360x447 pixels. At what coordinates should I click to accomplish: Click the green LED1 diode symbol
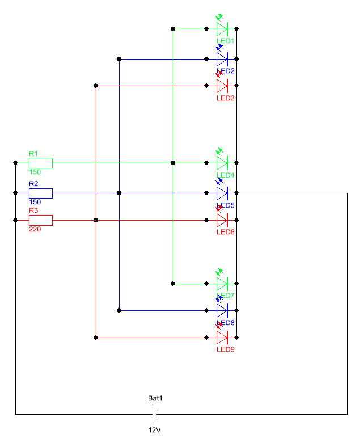(x=222, y=28)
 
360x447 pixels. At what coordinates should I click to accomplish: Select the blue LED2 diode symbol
(x=222, y=58)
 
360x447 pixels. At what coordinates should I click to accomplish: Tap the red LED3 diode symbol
(x=222, y=86)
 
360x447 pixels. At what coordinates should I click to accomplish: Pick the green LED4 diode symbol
(x=222, y=163)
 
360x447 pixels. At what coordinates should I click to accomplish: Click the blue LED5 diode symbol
(x=222, y=193)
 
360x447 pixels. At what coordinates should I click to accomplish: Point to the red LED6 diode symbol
(x=222, y=220)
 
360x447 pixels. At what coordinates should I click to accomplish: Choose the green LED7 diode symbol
(x=222, y=284)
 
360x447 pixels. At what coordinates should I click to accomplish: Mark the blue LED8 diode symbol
(x=222, y=310)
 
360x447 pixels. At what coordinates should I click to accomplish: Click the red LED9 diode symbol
(x=222, y=338)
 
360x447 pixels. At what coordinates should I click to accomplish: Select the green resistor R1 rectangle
(x=41, y=163)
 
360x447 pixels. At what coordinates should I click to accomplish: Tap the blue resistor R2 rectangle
(x=41, y=193)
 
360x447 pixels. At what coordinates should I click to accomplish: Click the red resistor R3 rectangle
(x=41, y=220)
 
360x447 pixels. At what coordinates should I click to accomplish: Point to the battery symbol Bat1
(x=154, y=414)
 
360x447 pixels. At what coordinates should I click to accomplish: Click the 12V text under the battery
(x=155, y=430)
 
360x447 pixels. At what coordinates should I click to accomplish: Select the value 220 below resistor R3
(x=34, y=229)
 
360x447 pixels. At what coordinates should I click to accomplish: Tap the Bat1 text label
(x=155, y=399)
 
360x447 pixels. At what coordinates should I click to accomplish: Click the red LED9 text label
(x=225, y=349)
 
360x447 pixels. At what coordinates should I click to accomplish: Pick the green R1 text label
(x=33, y=154)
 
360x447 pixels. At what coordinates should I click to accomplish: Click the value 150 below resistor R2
(x=34, y=203)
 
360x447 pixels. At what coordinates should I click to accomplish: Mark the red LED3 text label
(x=225, y=98)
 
